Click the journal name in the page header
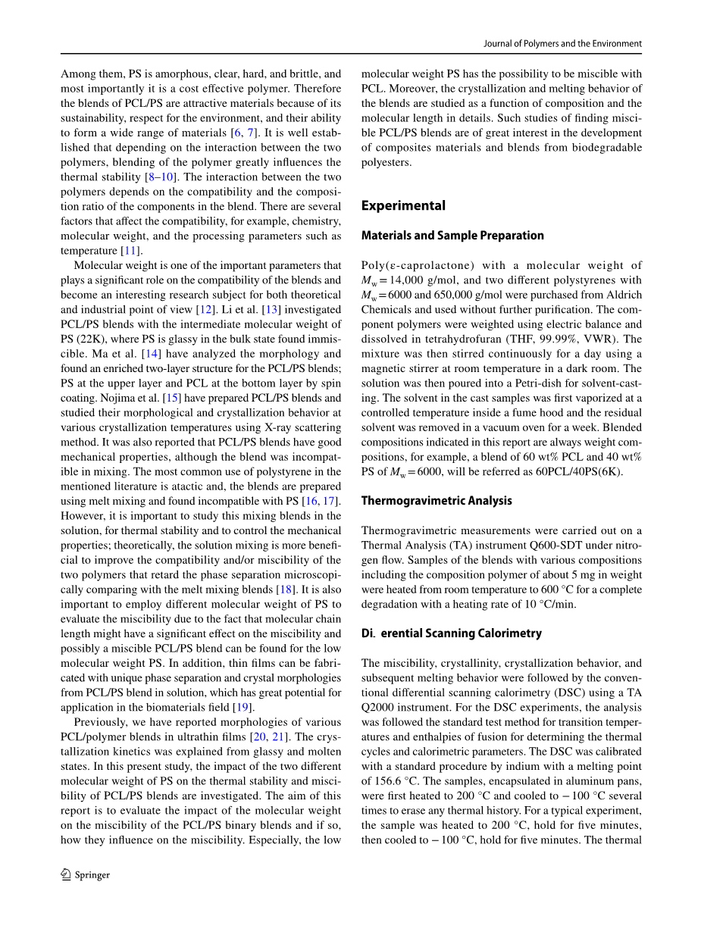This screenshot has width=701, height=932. (562, 44)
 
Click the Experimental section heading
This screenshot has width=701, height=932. (403, 205)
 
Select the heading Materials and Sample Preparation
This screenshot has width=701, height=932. (452, 236)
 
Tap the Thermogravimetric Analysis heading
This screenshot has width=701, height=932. (437, 501)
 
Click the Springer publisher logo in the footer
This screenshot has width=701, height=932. (85, 874)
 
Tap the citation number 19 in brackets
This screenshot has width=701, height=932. (243, 707)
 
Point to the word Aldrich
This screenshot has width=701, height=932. (623, 295)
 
